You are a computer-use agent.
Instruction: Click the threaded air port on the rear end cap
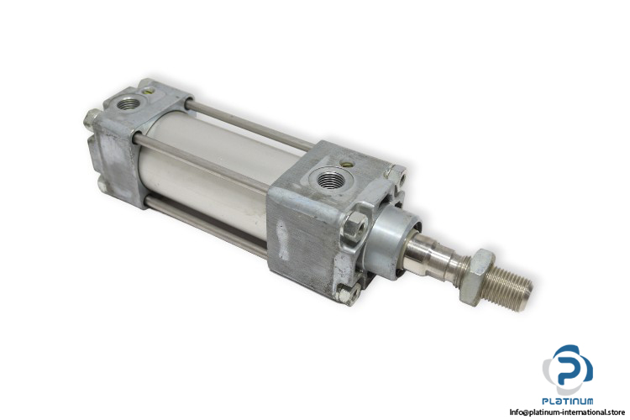click(x=129, y=104)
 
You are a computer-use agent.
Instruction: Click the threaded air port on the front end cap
click(x=330, y=178)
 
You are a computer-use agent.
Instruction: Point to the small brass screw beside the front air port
click(x=345, y=164)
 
